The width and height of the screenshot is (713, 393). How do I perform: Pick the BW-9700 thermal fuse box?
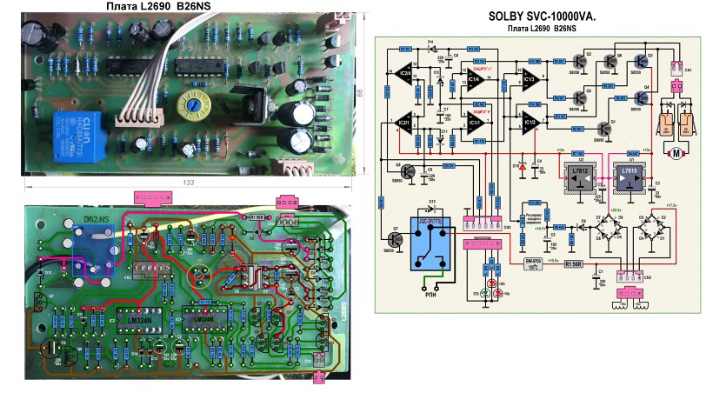pyautogui.click(x=532, y=261)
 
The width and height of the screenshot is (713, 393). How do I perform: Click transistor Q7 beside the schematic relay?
pyautogui.click(x=396, y=236)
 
